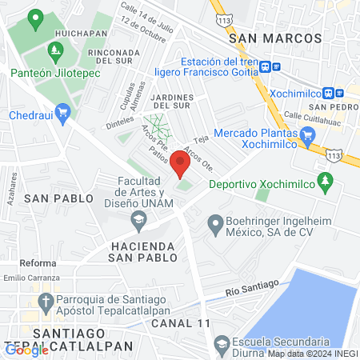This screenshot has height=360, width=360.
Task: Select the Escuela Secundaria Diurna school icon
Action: click(x=222, y=346)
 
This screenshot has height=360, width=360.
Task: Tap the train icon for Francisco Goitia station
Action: click(x=275, y=68)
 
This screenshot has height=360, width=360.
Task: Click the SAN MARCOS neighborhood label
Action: click(x=274, y=38)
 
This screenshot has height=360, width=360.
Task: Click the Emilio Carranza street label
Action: click(x=30, y=278)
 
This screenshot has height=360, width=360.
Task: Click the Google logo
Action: click(x=26, y=350)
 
